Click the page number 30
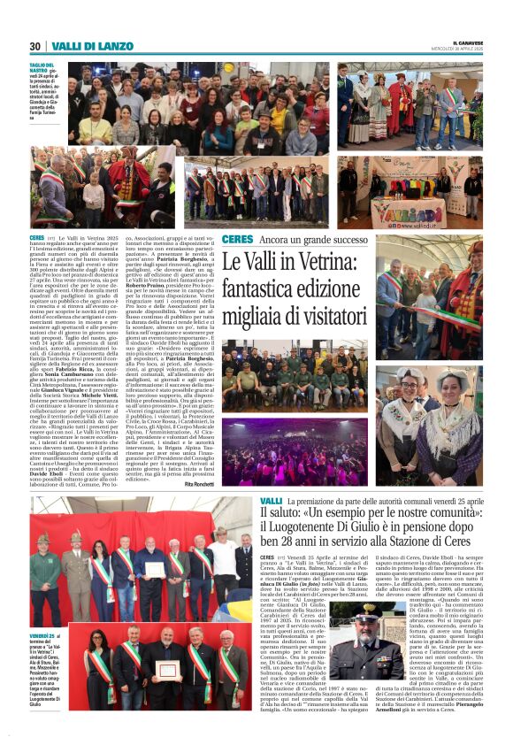click(34, 46)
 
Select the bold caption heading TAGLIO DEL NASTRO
click(42, 69)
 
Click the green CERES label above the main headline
click(237, 240)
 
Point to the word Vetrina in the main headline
click(342, 263)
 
